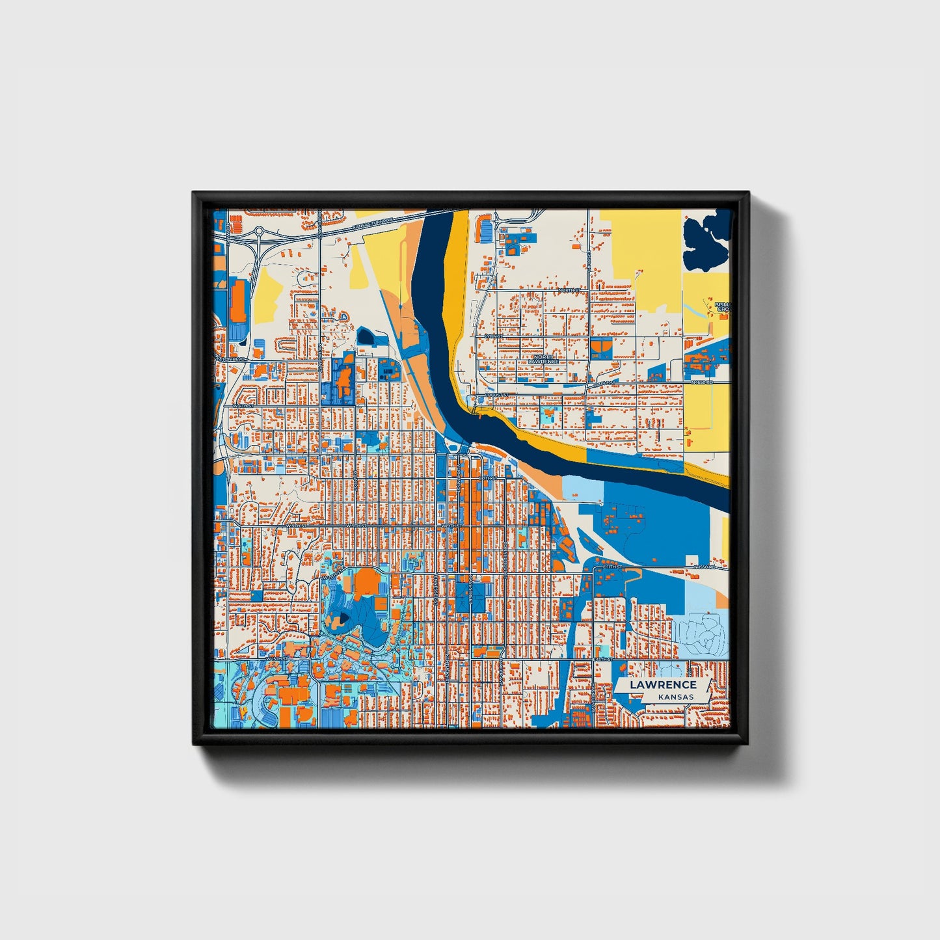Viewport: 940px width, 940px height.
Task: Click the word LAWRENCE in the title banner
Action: tap(663, 684)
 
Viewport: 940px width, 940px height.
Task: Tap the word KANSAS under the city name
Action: tap(675, 697)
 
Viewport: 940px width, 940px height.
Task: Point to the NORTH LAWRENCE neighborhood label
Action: tap(543, 359)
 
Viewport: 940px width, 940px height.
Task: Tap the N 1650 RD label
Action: tap(702, 383)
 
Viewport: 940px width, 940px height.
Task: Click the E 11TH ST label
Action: tap(612, 567)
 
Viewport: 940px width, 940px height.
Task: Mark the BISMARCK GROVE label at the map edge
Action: tap(723, 306)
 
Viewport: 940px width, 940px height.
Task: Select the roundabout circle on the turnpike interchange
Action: tap(259, 230)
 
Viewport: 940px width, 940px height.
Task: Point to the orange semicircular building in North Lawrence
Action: tap(601, 347)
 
